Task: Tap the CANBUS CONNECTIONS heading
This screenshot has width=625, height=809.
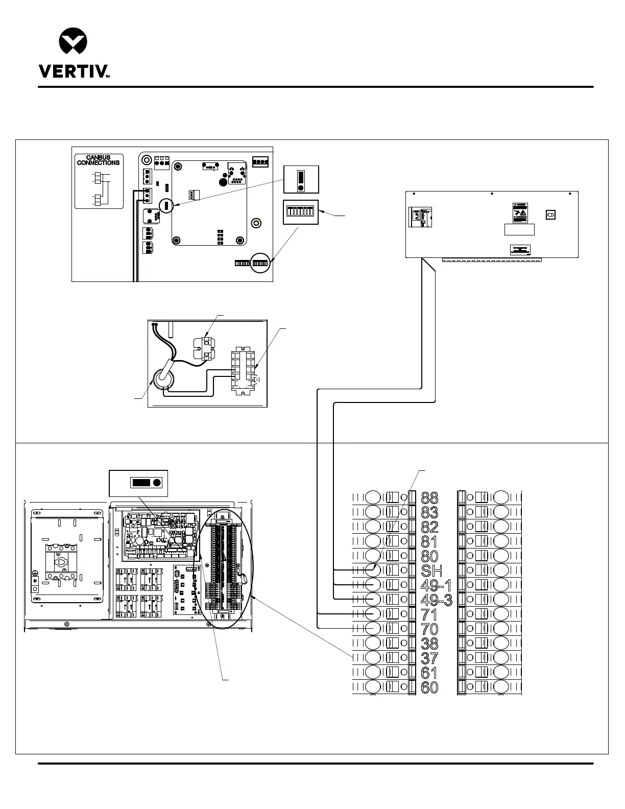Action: (x=99, y=160)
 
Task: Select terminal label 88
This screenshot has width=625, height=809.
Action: (x=429, y=497)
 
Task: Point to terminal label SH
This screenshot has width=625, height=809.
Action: (x=431, y=570)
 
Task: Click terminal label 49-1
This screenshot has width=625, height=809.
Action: (x=436, y=585)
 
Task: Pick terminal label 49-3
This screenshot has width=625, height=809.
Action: (x=436, y=600)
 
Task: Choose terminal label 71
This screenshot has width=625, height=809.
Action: (x=429, y=614)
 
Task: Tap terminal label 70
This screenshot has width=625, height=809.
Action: (x=429, y=629)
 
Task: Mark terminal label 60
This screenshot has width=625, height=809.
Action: (x=429, y=687)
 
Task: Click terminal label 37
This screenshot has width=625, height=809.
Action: (x=429, y=658)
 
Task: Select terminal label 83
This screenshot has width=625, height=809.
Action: (x=429, y=512)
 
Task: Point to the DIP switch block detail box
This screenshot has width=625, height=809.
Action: (x=301, y=212)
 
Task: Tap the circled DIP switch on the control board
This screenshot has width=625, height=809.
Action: (x=260, y=263)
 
